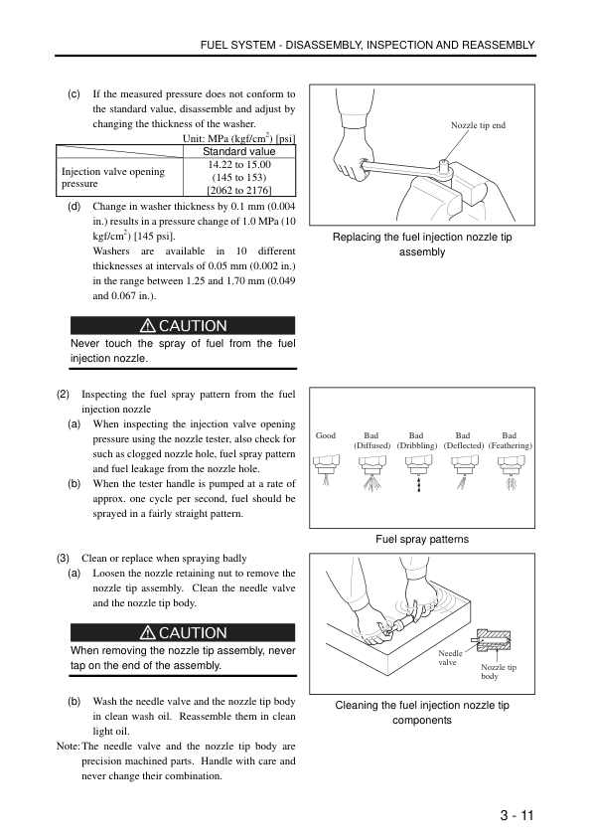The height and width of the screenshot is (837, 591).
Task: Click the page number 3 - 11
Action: [517, 815]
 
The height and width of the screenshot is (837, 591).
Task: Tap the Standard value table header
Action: [239, 152]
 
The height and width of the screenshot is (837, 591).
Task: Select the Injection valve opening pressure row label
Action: [113, 177]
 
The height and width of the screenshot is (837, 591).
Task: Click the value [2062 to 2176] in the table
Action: [239, 191]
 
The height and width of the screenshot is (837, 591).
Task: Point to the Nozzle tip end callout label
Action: [478, 125]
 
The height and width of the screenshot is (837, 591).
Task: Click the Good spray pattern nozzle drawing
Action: [327, 468]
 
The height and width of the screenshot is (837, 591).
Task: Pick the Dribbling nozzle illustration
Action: [419, 472]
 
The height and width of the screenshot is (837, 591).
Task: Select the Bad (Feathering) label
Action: [510, 440]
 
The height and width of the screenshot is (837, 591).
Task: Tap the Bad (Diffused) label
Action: [371, 440]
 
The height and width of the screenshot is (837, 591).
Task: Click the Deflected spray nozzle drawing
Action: [465, 471]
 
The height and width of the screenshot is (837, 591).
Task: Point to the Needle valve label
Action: [449, 658]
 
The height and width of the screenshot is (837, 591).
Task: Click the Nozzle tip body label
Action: [499, 672]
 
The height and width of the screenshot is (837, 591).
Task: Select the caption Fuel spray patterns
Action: [422, 539]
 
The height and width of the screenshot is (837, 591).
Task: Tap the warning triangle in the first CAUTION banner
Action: [147, 325]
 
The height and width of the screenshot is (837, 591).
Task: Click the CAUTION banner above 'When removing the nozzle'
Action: [183, 632]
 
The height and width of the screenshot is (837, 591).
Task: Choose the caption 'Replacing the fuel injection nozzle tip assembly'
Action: [422, 245]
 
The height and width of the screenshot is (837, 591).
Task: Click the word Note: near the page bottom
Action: [68, 747]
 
